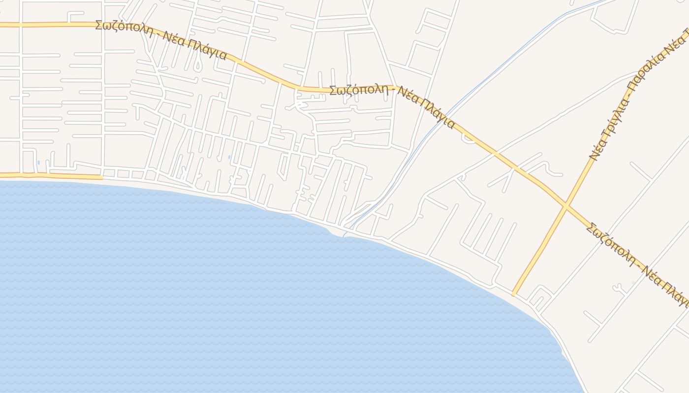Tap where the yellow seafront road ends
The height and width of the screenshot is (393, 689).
click(101, 177)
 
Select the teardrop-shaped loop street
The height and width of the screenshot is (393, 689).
click(197, 65)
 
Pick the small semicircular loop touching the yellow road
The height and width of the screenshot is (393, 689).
click(468, 139)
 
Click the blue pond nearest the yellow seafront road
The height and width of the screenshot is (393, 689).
click(38, 162)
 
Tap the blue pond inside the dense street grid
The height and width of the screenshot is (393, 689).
click(229, 157)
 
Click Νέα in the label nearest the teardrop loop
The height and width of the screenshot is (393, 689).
click(172, 39)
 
